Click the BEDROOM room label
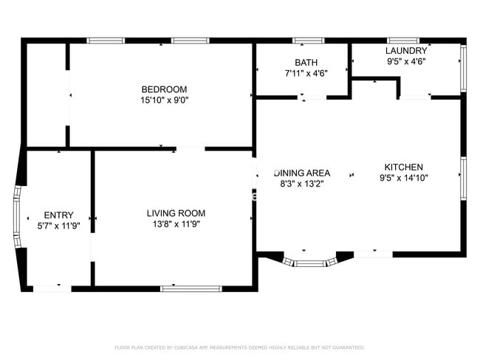click(164, 89)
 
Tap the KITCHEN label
click(403, 167)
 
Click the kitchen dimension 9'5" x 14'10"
click(403, 177)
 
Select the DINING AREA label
click(303, 173)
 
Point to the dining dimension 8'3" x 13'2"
click(303, 184)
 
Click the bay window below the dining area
click(309, 262)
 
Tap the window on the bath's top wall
click(308, 41)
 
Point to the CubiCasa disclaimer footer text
click(239, 347)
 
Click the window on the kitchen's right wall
click(463, 178)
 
